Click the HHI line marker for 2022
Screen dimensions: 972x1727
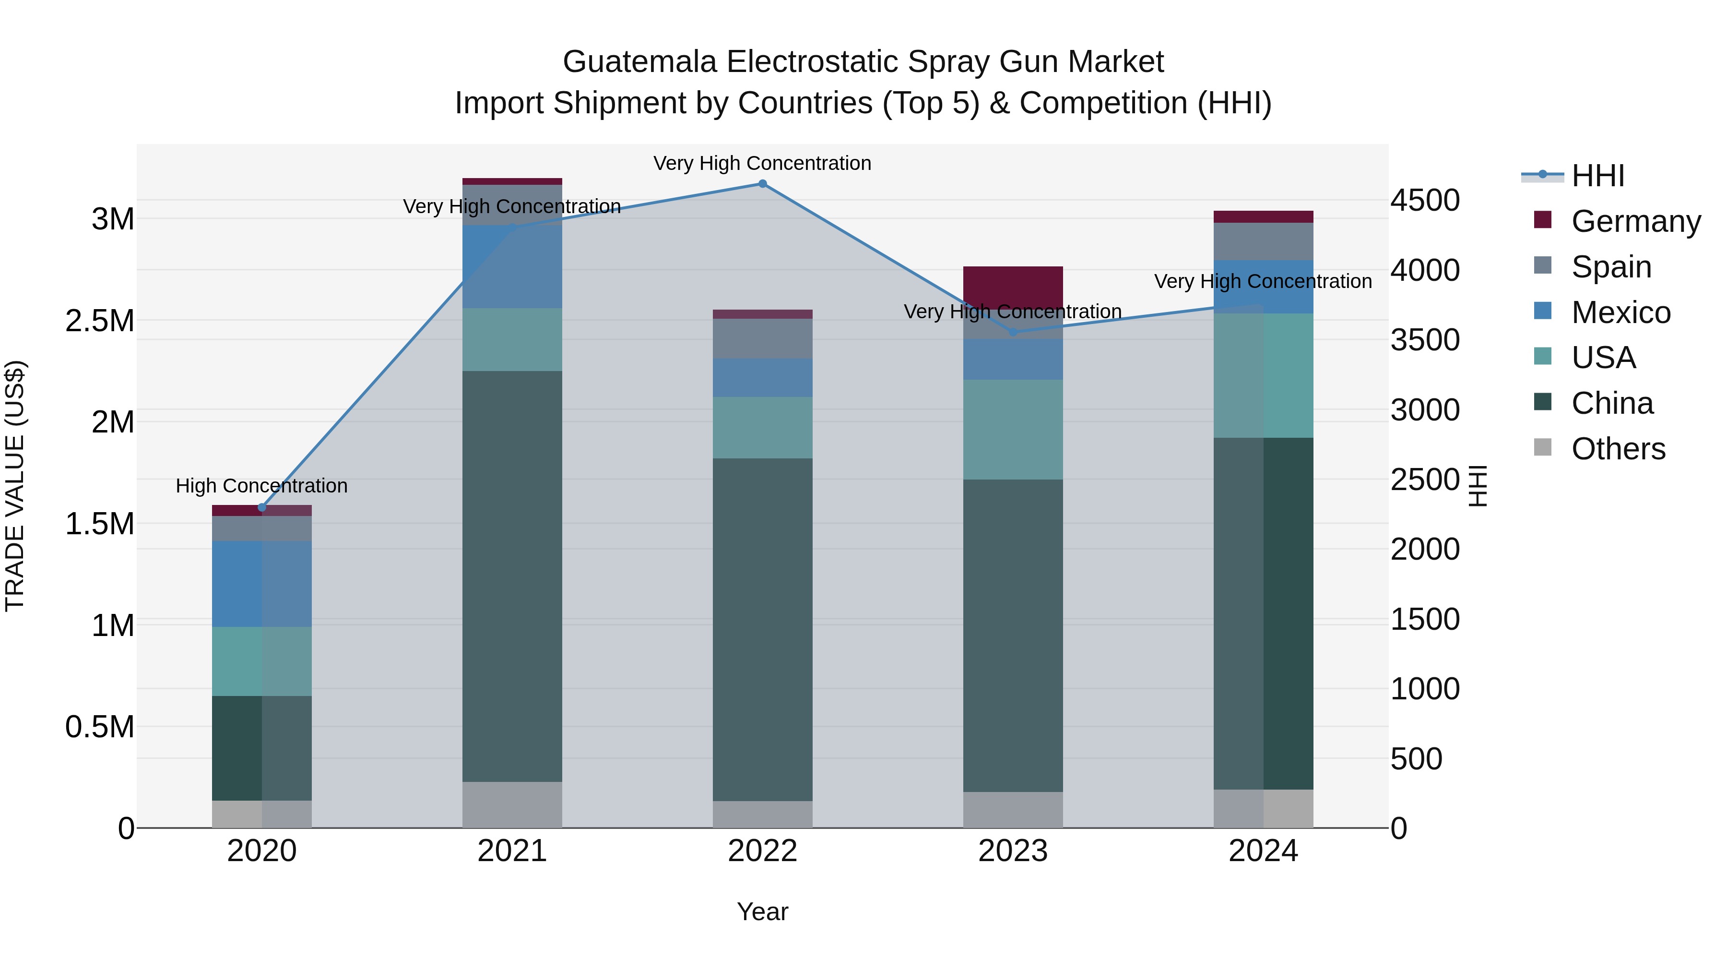pos(762,184)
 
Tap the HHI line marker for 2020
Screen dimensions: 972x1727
pos(262,507)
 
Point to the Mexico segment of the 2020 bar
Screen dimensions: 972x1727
pos(262,584)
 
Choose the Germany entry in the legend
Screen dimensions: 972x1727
pos(1636,221)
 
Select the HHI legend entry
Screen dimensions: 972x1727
pos(1597,176)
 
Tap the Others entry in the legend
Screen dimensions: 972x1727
pos(1618,449)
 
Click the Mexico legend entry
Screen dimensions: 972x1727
pos(1621,312)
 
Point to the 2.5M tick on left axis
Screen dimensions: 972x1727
pos(100,321)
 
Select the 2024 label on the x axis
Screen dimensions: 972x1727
pos(1263,851)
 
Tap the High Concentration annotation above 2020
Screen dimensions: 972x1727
pos(261,486)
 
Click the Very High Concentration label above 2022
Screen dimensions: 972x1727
pos(762,163)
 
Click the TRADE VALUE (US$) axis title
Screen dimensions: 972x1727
pos(15,486)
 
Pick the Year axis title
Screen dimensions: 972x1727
pos(762,912)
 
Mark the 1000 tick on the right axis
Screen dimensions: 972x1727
pos(1425,689)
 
